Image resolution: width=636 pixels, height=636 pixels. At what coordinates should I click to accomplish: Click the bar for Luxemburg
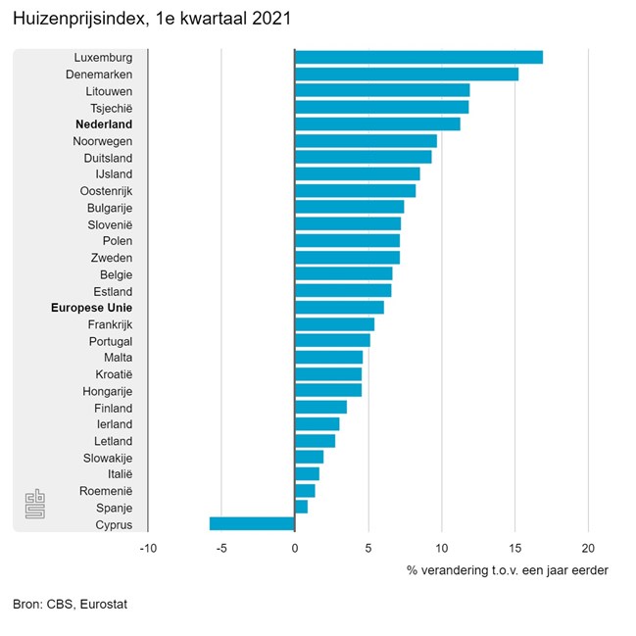coord(418,57)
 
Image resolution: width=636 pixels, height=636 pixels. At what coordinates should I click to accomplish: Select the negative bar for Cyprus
coord(252,523)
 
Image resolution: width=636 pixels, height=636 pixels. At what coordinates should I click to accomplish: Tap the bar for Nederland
coord(377,123)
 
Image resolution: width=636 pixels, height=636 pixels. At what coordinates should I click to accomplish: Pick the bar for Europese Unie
coord(339,307)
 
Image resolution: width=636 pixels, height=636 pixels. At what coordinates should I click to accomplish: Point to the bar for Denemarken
coord(407,73)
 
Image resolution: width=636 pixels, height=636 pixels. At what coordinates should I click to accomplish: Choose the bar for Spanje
coord(301,507)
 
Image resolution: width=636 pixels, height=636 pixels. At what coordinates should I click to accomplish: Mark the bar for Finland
coord(320,407)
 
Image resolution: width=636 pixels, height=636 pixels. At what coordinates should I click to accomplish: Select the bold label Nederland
coord(103,124)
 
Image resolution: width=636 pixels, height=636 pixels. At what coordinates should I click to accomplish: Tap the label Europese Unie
coord(91,308)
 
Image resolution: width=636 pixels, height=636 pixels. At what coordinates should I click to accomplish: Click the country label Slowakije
coord(108,458)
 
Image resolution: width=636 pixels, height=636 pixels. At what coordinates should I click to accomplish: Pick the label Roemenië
coord(108,490)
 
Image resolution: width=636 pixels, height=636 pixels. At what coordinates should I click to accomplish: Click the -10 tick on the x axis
coord(147,548)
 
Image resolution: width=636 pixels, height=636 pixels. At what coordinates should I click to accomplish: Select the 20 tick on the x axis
coord(588,548)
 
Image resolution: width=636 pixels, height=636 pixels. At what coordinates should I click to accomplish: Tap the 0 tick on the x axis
coord(295,548)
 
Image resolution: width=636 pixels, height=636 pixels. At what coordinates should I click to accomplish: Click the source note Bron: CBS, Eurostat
coord(70,605)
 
